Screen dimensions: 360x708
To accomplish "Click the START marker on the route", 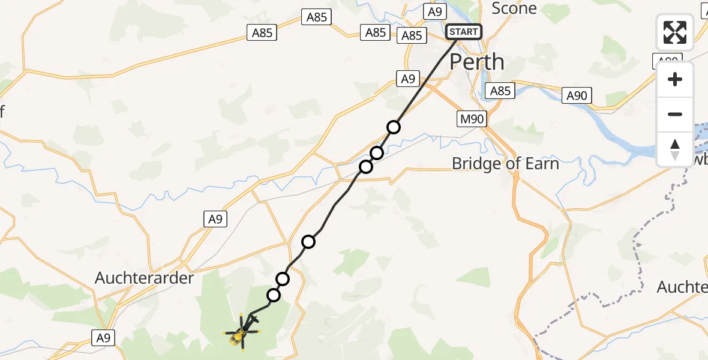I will [x=464, y=32].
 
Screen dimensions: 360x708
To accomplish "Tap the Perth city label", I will [x=476, y=62].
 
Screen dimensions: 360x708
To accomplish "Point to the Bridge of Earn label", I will [x=505, y=163].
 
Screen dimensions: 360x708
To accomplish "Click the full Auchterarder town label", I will [x=145, y=278].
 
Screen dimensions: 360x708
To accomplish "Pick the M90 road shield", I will [x=471, y=119].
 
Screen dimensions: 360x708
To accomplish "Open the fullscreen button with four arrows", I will [x=675, y=32].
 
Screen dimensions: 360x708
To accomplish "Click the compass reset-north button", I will [x=675, y=149].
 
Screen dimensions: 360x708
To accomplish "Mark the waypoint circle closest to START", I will [x=394, y=127].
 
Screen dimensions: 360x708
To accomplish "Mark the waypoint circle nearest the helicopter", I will [x=274, y=295].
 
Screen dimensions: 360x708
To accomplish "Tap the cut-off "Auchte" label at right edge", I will [x=682, y=287].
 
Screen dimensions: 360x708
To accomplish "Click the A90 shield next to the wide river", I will [x=577, y=95].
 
